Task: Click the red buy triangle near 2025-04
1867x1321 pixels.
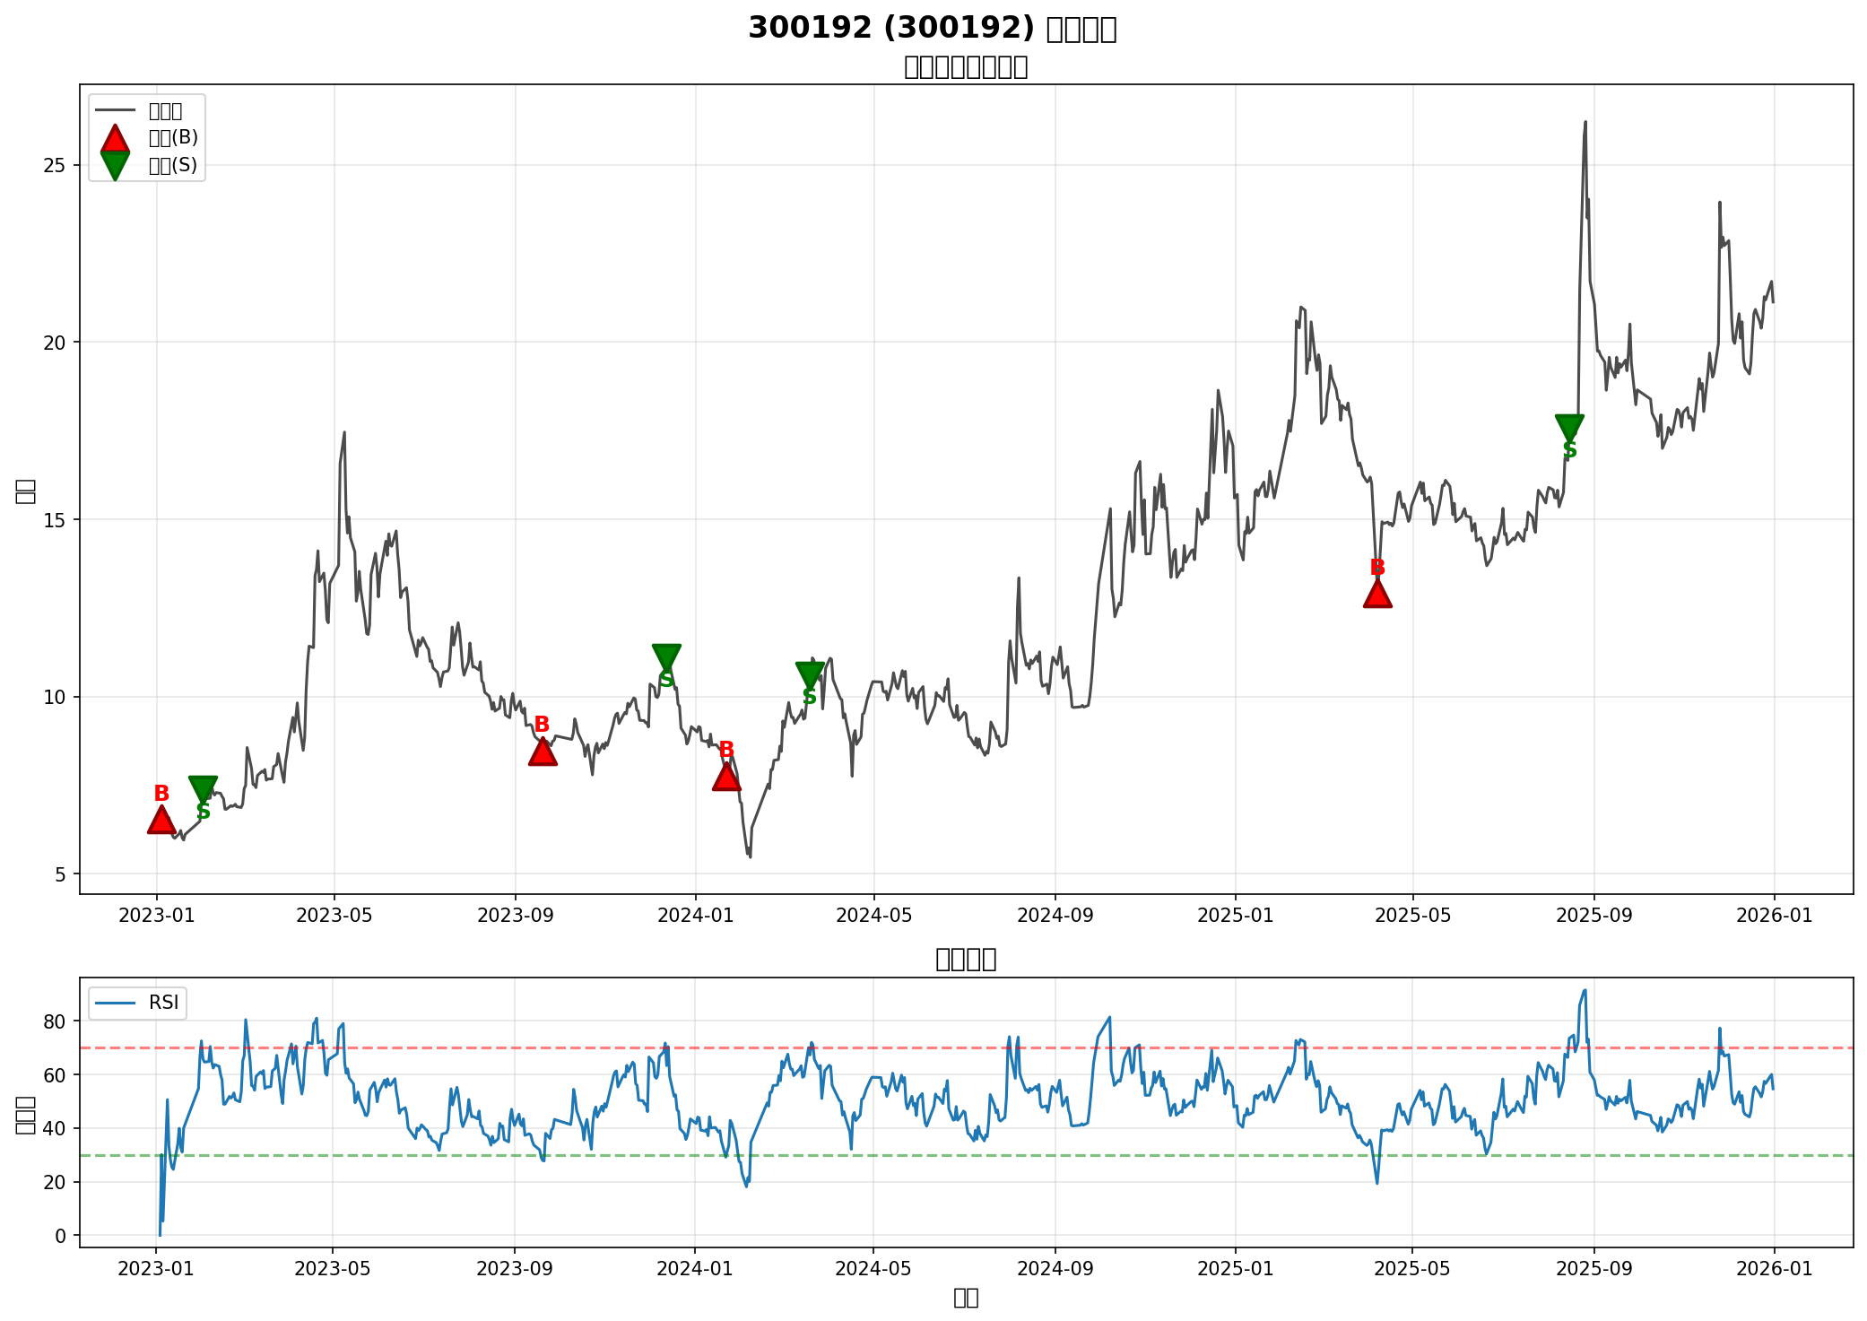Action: point(1377,594)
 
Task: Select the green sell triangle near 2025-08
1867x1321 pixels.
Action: point(1569,427)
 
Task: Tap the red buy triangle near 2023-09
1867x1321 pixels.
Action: point(543,752)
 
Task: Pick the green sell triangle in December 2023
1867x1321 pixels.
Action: point(666,656)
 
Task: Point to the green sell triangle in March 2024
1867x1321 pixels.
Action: point(810,674)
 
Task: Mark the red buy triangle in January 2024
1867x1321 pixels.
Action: point(726,777)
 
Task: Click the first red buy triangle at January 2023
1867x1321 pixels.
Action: point(161,820)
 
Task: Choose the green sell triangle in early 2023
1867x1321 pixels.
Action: point(204,788)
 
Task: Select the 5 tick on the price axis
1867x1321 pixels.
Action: point(63,874)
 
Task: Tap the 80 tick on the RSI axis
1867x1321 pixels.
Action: point(55,1021)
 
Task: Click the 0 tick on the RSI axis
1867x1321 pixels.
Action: point(61,1236)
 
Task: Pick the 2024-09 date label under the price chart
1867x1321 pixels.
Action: point(1055,916)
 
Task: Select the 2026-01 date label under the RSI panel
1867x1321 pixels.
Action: point(1774,1269)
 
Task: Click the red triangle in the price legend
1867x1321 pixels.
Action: point(115,138)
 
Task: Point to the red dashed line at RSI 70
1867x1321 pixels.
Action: point(897,1048)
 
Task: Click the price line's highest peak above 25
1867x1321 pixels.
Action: point(1585,122)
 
